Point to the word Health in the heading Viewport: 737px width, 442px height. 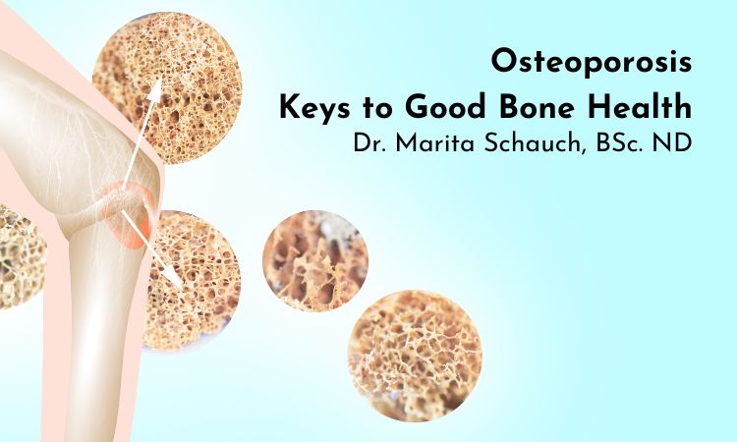tap(645, 105)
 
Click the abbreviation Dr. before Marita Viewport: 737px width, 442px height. tap(372, 142)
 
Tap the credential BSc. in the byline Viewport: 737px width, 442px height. tap(622, 142)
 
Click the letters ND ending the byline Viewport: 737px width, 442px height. tap(677, 142)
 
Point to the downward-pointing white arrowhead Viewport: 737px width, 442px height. tap(177, 279)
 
